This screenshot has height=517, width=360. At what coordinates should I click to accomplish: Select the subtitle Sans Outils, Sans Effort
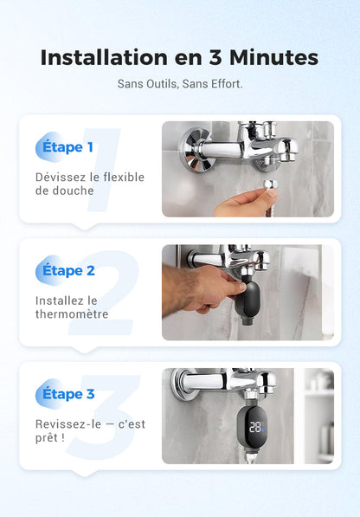pos(180,84)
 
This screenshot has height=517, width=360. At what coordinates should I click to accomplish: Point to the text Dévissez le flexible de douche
pos(89,184)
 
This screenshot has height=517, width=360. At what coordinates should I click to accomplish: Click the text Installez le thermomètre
pos(72,307)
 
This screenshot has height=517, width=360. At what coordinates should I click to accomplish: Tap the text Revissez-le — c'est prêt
pos(89,430)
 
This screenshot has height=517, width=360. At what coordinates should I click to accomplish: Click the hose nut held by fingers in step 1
pos(269,186)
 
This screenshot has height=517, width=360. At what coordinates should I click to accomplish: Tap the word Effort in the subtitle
pos(227,84)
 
